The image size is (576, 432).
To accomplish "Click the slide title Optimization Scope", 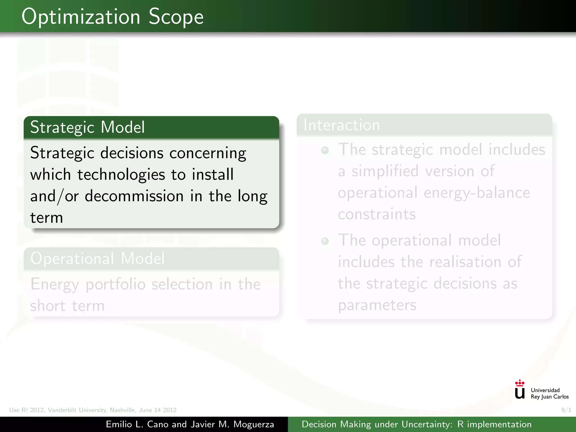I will click(x=112, y=17).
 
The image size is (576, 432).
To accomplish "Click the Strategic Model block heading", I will click(x=87, y=127).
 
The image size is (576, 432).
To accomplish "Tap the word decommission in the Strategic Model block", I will click(x=134, y=196).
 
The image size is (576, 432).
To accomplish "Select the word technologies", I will click(x=121, y=174).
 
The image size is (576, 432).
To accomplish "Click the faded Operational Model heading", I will click(x=97, y=258).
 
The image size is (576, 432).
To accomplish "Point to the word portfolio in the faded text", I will click(x=115, y=284).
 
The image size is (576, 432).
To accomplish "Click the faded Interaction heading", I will click(x=342, y=125).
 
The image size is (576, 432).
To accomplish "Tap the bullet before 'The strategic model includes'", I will click(x=325, y=150).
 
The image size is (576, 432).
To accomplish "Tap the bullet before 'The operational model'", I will click(x=325, y=241).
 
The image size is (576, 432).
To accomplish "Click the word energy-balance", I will click(x=477, y=193).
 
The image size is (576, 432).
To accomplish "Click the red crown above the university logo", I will click(x=519, y=383).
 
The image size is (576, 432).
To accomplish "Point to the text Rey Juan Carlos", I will click(x=550, y=397).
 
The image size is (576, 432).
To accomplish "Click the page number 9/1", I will click(x=566, y=410).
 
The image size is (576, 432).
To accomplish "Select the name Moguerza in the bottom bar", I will click(x=253, y=424).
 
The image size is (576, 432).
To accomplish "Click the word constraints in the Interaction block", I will click(x=377, y=214).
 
